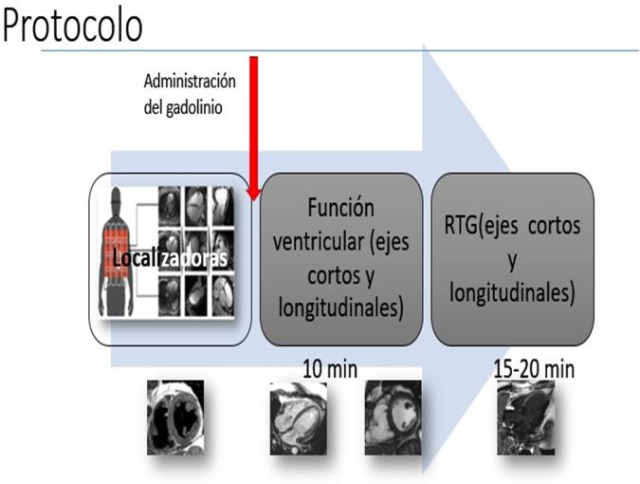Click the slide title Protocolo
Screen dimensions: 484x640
(x=74, y=26)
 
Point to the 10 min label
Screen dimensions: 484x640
(x=329, y=368)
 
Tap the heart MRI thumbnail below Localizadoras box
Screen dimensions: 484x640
(x=175, y=417)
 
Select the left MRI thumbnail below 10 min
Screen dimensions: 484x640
(x=298, y=414)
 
